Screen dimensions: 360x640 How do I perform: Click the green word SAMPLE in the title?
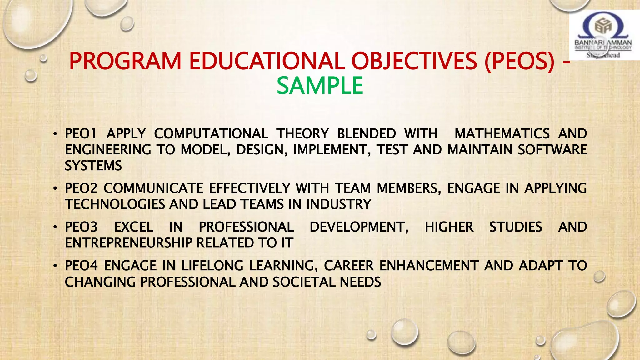coord(320,86)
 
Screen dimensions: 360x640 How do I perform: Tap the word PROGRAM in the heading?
coord(125,61)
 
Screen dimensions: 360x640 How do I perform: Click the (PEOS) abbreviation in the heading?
coord(519,61)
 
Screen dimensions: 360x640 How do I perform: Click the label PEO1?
coord(81,134)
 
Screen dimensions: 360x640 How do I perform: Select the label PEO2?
coord(81,188)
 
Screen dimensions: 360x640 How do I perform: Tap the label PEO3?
coord(81,227)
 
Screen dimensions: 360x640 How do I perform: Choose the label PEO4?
coord(81,266)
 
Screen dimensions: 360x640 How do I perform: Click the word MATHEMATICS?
coord(502,134)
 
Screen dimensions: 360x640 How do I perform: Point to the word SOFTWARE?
coord(552,150)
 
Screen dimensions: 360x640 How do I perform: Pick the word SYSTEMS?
coord(93,166)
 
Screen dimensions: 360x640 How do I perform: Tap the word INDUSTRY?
coord(338,204)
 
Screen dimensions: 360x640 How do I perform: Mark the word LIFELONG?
coord(212,266)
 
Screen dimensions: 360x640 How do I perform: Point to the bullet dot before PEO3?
coord(55,227)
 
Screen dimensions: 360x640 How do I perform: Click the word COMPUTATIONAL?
coord(211,134)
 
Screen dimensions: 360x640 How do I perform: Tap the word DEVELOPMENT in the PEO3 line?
coord(359,227)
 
